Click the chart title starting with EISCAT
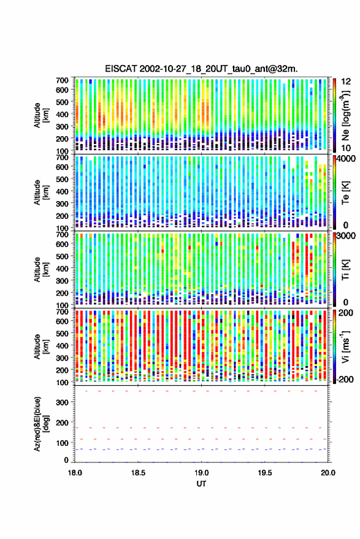pos(201,69)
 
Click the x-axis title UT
pos(201,484)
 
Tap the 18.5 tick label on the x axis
pos(138,473)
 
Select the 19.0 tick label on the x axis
pos(201,473)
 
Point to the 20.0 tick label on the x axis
pos(328,473)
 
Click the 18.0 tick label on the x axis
pos(75,473)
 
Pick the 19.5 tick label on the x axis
pos(265,473)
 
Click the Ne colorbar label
pos(345,115)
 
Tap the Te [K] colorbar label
pos(345,193)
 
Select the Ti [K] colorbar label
pos(345,270)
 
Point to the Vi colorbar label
pos(345,346)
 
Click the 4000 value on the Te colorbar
pos(347,159)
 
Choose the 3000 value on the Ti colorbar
pos(347,236)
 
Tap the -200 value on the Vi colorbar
pos(345,380)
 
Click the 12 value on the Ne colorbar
pos(347,82)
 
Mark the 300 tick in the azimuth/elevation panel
pos(62,402)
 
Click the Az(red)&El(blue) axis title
pos(41,424)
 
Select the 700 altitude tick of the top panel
pos(62,80)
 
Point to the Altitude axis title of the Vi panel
pos(41,346)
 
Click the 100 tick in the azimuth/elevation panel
pos(62,443)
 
